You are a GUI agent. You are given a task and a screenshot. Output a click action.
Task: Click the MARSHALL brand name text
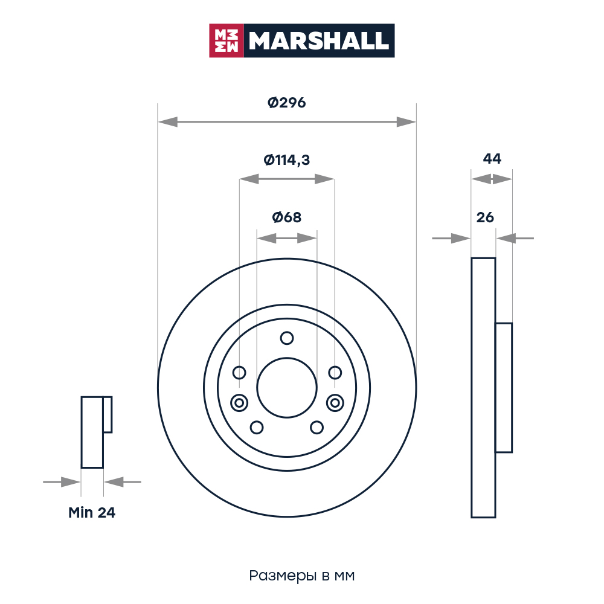coord(318,40)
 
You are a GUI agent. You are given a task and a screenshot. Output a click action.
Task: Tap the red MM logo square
coord(226,40)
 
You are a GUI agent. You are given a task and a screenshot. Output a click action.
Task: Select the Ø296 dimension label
coord(286,103)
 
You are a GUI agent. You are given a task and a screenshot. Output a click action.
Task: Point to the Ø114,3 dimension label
coord(286,159)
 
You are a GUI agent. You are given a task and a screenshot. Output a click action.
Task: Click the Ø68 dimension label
coord(286,217)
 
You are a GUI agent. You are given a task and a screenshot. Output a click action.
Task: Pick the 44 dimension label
coord(492,159)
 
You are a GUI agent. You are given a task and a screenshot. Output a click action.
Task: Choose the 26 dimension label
coord(485,217)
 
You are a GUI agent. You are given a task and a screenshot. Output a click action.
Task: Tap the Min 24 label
coord(92,513)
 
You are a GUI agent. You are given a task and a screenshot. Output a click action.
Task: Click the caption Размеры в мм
coord(301,576)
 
